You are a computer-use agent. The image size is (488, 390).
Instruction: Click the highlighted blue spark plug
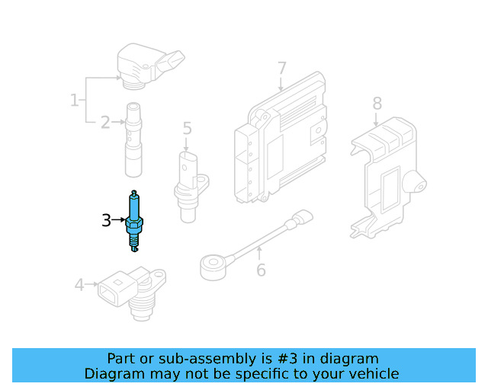click(x=134, y=220)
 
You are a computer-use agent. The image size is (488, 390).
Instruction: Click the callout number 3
click(x=107, y=221)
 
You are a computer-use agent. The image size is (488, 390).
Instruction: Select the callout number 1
click(x=75, y=100)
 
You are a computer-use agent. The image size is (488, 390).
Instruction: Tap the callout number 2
click(x=105, y=120)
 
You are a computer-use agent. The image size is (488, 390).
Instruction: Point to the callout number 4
click(x=79, y=285)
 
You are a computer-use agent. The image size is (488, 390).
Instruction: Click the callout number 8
click(x=377, y=103)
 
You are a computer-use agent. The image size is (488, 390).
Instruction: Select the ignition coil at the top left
click(x=145, y=65)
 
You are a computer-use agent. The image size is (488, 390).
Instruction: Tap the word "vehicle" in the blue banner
click(x=371, y=373)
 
